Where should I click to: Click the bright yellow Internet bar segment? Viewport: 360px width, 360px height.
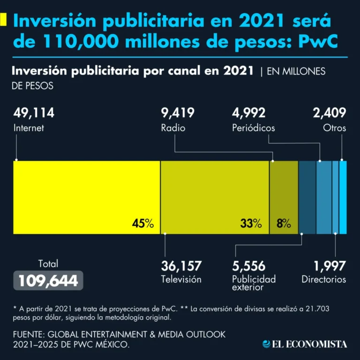point(87,197)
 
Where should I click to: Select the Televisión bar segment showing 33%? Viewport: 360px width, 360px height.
point(215,197)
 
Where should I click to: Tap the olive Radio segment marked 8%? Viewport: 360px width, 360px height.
point(284,197)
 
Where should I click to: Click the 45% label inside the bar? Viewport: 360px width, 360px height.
point(143,224)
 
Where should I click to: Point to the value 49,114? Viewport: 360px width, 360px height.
point(34,113)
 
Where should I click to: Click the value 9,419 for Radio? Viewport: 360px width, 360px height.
point(178,113)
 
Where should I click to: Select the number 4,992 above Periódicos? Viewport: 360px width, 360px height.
point(249,113)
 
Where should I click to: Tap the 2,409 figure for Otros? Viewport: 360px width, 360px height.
point(330,113)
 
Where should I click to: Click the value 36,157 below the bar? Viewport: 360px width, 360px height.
point(181,266)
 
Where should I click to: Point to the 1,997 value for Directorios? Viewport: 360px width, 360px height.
point(330,266)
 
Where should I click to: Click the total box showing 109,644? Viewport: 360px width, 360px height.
point(48,280)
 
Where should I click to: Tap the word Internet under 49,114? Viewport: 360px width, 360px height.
point(29,128)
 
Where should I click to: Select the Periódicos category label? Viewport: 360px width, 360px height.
point(254,128)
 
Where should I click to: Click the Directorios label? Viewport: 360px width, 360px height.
point(324,279)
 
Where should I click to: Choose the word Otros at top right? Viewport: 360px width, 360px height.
point(335,128)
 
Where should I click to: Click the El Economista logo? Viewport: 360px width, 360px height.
point(305,344)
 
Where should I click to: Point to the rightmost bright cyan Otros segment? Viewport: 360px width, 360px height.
point(343,197)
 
